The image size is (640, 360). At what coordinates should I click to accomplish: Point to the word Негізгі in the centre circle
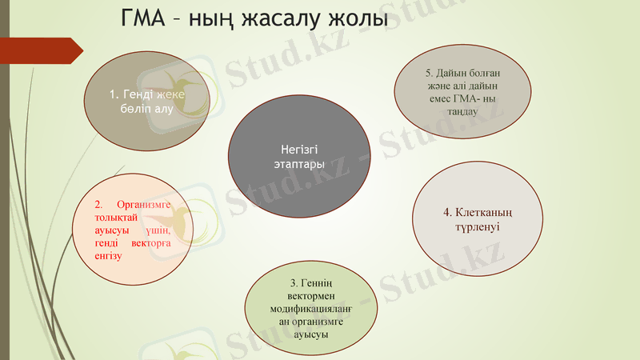pos(300,149)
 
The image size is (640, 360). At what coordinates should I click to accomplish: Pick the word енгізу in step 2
pos(108,256)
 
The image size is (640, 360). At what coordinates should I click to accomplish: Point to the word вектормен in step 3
pos(311,296)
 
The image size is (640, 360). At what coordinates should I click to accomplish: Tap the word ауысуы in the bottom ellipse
pos(311,334)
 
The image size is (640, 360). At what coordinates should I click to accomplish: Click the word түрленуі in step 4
pos(472,227)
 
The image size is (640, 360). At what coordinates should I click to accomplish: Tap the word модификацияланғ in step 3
pos(311,309)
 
